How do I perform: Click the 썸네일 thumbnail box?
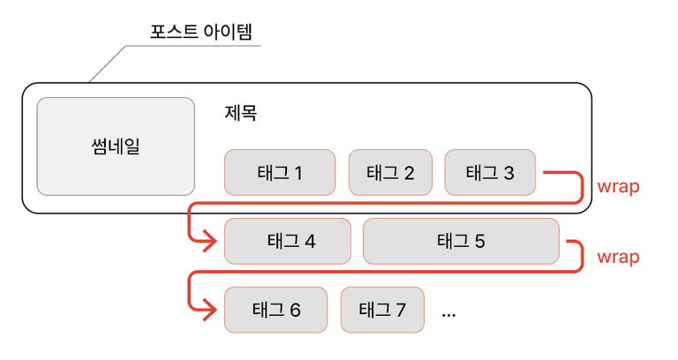pos(116,146)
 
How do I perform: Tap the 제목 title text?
pos(241,113)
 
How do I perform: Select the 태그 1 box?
pos(280,172)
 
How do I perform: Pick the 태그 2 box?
pos(390,172)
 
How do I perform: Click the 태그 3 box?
pos(490,172)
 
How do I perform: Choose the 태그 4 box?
pos(288,241)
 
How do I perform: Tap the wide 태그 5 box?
pos(461,241)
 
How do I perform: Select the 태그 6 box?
pos(275,310)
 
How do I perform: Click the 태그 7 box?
pos(382,310)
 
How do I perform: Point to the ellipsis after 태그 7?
pos(448,315)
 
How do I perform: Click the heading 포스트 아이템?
pos(200,32)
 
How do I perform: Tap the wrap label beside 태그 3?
pos(618,187)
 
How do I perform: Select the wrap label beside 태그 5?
pos(618,257)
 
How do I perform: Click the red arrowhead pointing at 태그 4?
pos(211,242)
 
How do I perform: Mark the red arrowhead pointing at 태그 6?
pos(211,310)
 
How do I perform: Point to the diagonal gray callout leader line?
pos(107,64)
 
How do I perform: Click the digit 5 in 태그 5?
pos(480,242)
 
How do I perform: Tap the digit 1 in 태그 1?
pos(298,173)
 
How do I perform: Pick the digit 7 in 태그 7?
pos(401,311)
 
